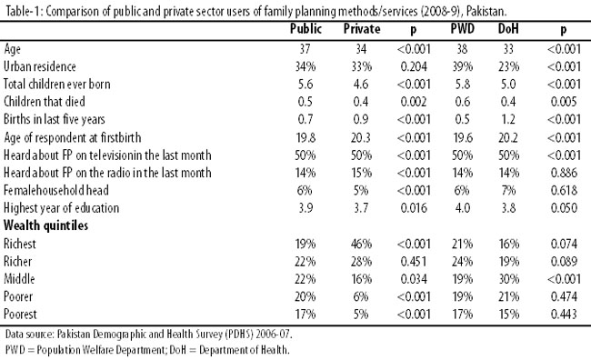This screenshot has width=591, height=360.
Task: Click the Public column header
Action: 306,29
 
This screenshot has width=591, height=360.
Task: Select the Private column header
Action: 362,29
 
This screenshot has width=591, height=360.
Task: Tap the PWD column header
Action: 463,29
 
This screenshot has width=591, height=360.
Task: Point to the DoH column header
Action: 508,29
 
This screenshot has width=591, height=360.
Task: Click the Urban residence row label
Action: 40,66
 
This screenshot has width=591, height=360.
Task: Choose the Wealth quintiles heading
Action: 45,225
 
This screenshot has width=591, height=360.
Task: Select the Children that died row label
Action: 45,102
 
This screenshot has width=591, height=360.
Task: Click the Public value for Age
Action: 305,49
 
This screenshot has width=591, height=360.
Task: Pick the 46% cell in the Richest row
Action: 361,244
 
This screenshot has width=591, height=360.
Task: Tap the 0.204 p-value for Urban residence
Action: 414,66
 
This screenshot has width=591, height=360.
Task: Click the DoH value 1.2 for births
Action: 508,119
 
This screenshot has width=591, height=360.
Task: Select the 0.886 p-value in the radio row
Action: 564,173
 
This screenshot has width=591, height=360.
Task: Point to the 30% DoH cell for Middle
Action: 509,279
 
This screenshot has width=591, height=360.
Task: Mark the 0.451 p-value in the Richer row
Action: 414,262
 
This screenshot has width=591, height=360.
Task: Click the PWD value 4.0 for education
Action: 462,208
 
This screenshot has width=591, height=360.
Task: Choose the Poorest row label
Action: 20,315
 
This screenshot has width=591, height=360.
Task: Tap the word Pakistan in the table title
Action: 486,12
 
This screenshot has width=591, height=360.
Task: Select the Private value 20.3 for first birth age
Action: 361,137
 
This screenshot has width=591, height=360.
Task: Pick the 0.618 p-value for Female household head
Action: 564,190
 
